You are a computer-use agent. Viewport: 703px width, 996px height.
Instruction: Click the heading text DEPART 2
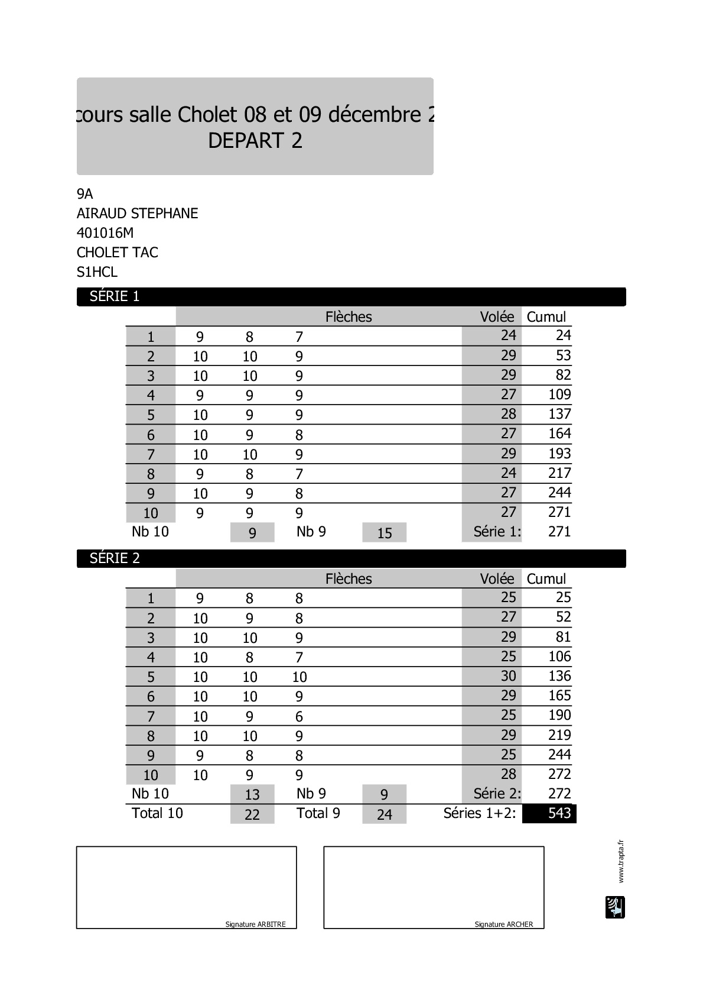tap(255, 141)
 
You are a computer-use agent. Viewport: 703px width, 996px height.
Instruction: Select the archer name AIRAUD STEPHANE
tap(137, 214)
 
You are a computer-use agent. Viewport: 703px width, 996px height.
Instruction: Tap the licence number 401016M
tap(105, 233)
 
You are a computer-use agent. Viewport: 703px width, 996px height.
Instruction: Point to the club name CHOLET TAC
tap(118, 253)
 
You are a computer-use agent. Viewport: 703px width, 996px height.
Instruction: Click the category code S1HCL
tap(97, 272)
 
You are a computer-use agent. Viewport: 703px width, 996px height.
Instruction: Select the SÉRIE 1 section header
tap(115, 296)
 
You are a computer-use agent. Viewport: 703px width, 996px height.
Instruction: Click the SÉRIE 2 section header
tap(115, 558)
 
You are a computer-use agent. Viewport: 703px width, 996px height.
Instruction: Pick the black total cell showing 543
tap(549, 813)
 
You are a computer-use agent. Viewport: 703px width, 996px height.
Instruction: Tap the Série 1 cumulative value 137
tap(559, 414)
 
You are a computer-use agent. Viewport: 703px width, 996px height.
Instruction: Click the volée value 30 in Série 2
tap(508, 676)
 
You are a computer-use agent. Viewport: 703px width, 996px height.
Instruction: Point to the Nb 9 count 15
tap(385, 533)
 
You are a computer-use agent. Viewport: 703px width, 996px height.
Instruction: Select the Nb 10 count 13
tap(252, 795)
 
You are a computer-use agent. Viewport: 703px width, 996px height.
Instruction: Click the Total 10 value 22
tap(252, 814)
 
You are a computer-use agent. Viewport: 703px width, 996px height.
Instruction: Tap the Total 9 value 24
tap(385, 814)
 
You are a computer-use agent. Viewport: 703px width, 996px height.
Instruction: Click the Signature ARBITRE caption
tap(255, 924)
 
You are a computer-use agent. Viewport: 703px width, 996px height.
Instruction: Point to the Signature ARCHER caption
tap(504, 924)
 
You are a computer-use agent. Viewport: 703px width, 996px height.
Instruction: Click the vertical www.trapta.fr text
tap(620, 861)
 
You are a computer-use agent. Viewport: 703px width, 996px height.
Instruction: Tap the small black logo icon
tap(615, 907)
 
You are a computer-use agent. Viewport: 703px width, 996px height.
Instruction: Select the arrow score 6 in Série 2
tap(299, 717)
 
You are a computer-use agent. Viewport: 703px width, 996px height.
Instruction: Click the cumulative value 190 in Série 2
tap(559, 715)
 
